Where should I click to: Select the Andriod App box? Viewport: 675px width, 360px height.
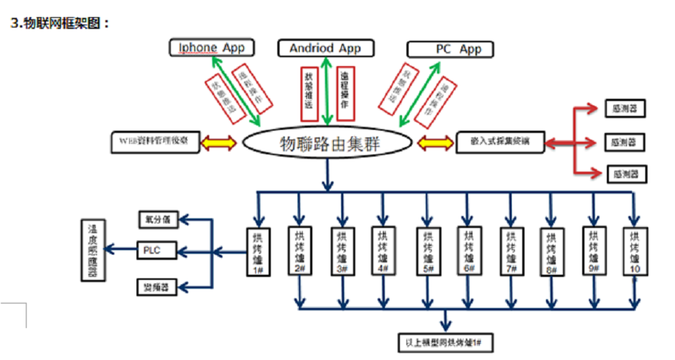coord(325,48)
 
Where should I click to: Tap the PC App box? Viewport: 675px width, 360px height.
coord(450,49)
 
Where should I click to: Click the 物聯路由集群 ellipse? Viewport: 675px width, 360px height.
coord(329,142)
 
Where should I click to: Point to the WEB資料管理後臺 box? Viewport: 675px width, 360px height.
coord(154,141)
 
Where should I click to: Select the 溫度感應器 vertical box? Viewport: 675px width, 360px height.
coord(93,249)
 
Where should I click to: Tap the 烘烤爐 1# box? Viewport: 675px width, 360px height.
coord(257,251)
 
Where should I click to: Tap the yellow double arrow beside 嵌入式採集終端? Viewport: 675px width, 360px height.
coord(436,141)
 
